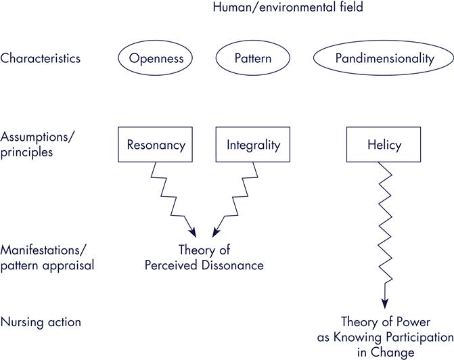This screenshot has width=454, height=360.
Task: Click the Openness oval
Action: pos(156,58)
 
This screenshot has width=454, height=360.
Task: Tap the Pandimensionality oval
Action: pos(384,58)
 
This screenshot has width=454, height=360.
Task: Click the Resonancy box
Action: pos(156,145)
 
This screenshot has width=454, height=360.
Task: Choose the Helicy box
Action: pos(384,145)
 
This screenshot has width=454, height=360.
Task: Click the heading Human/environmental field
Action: pos(288,8)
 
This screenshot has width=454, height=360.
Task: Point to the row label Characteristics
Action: pos(41,58)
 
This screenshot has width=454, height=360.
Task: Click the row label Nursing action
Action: pos(41,321)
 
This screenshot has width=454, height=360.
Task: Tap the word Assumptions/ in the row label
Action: pos(38,137)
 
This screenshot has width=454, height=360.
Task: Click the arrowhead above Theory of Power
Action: pos(384,302)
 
